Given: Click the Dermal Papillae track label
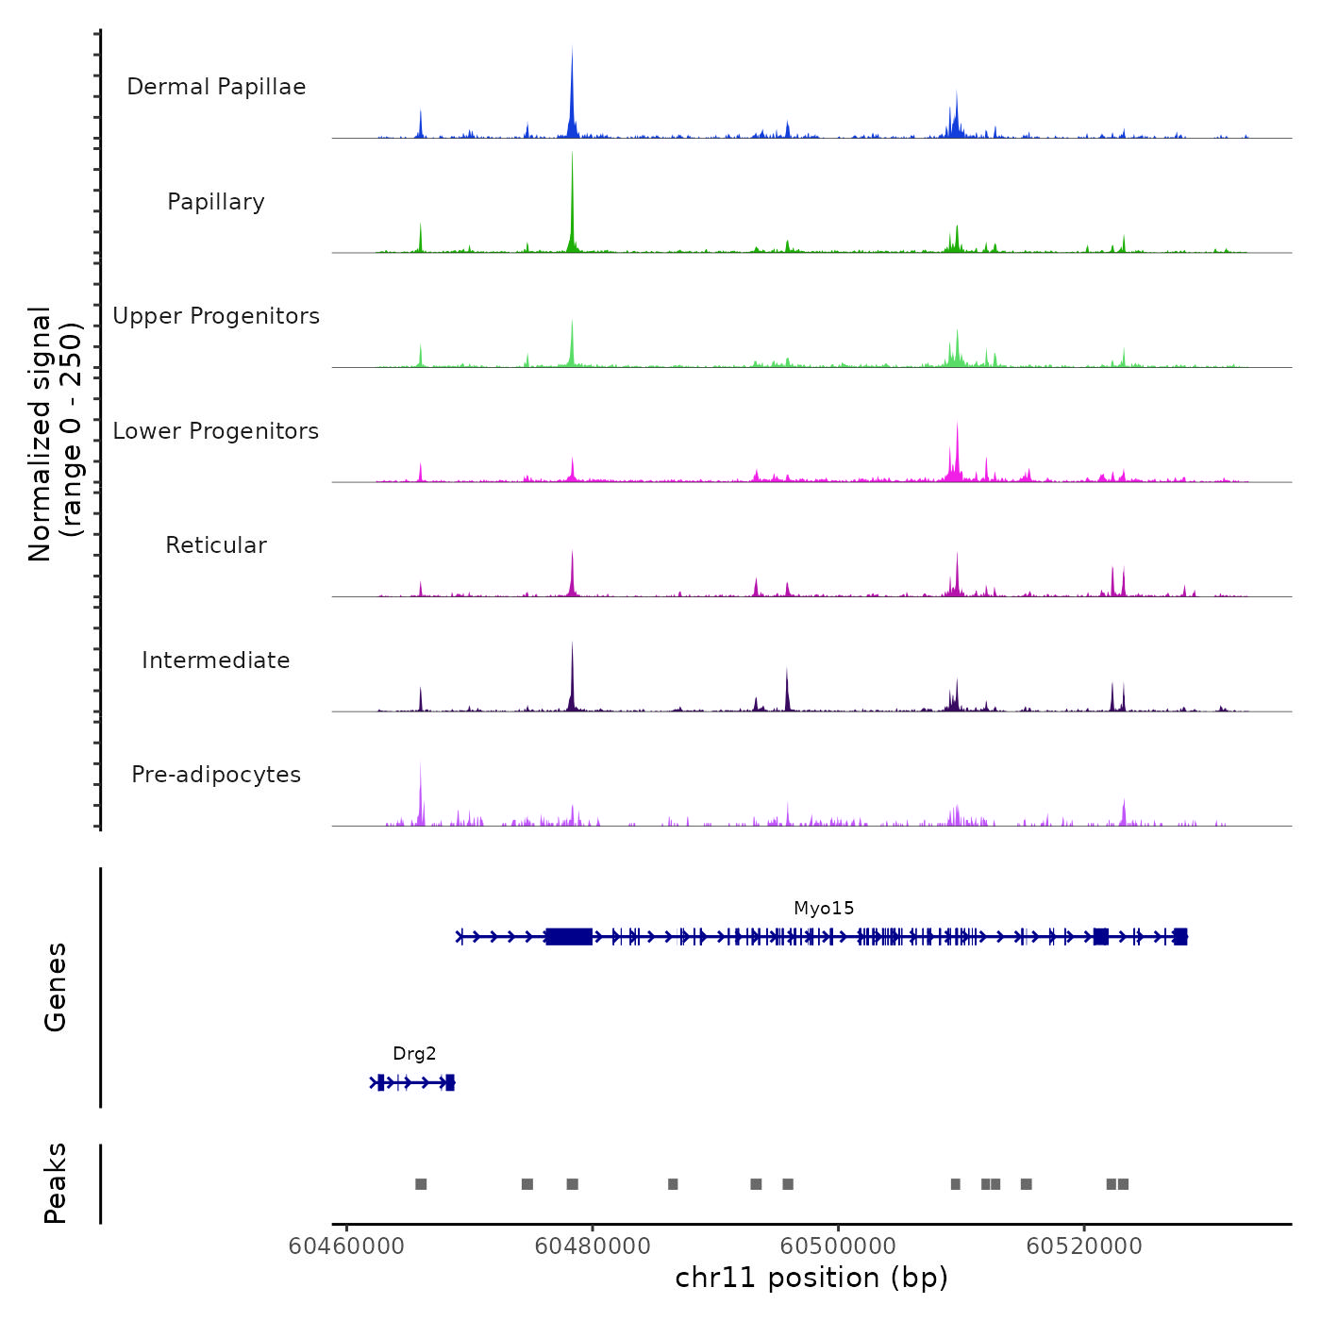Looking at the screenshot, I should (216, 87).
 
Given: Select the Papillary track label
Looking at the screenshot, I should (216, 202).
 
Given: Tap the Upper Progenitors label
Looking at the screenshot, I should (216, 316).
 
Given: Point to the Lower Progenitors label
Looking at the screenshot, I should (216, 431).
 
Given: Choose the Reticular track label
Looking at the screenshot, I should (216, 545).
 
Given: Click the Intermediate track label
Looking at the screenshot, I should (216, 660).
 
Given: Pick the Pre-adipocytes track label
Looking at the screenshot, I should (216, 775).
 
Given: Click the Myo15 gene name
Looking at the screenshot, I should (824, 908).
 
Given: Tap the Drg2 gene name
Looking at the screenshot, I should (414, 1054).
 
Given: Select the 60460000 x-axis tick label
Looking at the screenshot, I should (346, 1246).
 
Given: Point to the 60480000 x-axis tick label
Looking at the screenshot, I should (593, 1246).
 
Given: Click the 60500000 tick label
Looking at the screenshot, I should (838, 1246).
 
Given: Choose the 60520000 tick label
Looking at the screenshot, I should (1084, 1246).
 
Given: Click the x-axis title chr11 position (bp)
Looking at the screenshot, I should (811, 1279).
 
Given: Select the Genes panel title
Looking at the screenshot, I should (55, 987).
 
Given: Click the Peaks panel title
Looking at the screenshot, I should (55, 1183).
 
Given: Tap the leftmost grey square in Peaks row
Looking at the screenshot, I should (421, 1184).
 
